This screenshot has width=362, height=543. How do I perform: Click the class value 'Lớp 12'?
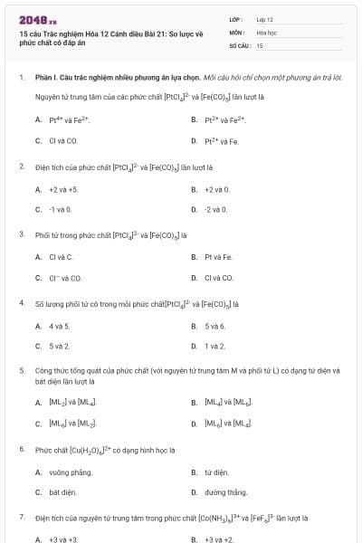click(264, 19)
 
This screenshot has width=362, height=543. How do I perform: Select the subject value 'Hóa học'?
click(266, 32)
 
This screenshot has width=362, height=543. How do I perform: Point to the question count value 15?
click(260, 44)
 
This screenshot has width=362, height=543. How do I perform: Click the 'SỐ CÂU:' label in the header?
click(239, 44)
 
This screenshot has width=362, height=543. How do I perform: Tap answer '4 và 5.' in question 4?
click(59, 325)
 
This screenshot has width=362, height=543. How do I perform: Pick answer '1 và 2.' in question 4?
click(214, 346)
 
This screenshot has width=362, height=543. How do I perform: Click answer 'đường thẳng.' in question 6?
click(224, 492)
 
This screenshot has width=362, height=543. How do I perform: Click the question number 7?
click(21, 518)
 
